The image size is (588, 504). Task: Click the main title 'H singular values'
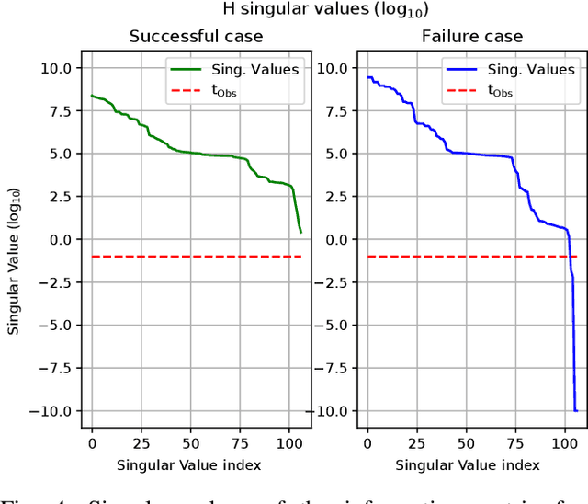[293, 10]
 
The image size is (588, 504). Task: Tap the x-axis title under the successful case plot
[195, 465]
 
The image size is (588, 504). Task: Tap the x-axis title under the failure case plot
[471, 465]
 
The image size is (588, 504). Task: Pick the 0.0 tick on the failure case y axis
[336, 239]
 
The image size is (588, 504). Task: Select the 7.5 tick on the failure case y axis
[336, 111]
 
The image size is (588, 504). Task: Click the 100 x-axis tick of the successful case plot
[289, 441]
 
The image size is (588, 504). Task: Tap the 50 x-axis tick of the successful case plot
[190, 441]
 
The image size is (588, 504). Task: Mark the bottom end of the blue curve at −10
[576, 410]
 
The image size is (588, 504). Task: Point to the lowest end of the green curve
[300, 232]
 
